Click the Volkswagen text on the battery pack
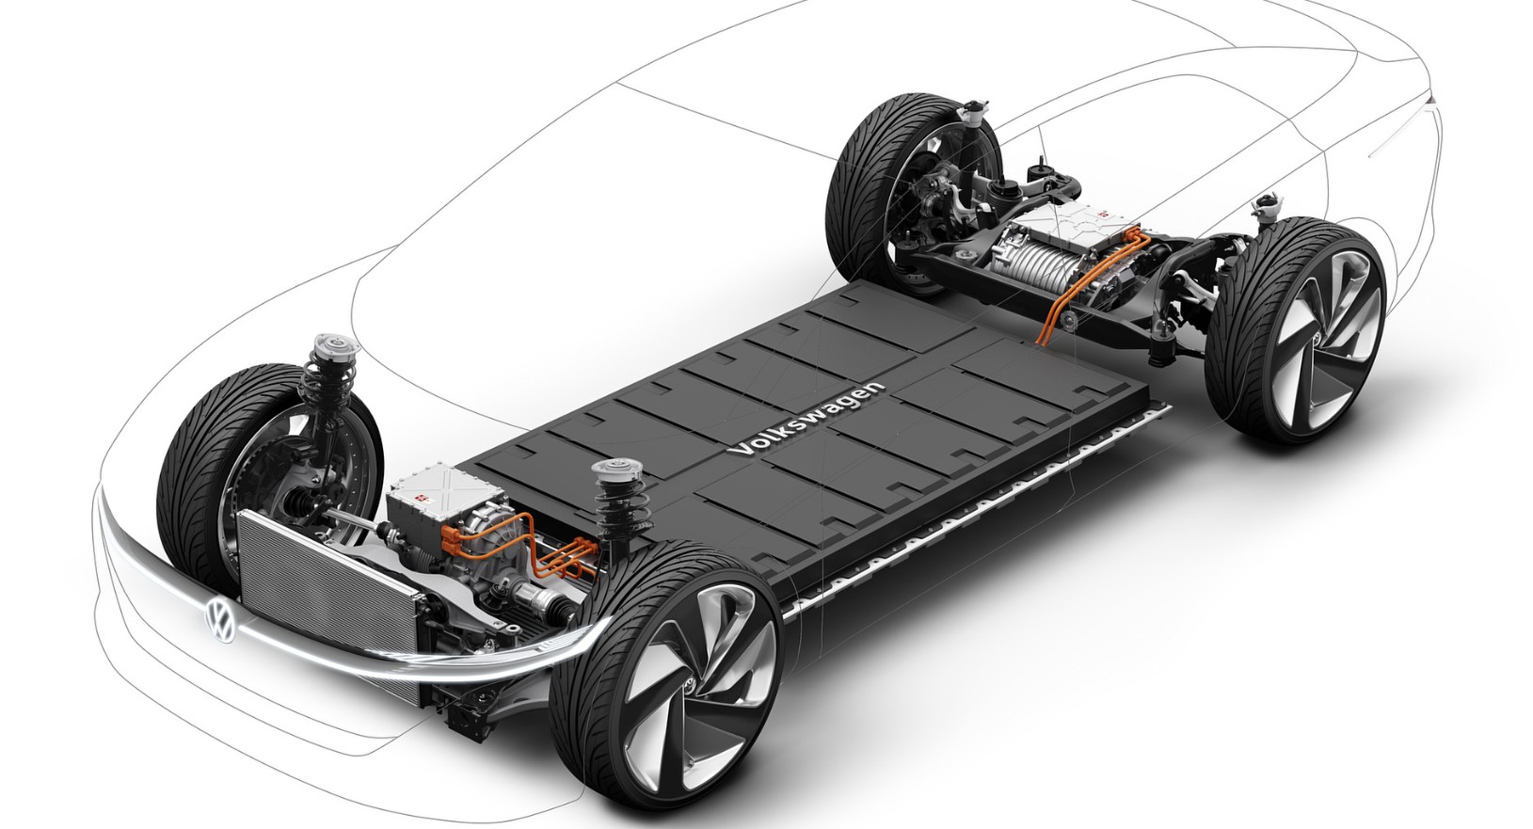point(808,419)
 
